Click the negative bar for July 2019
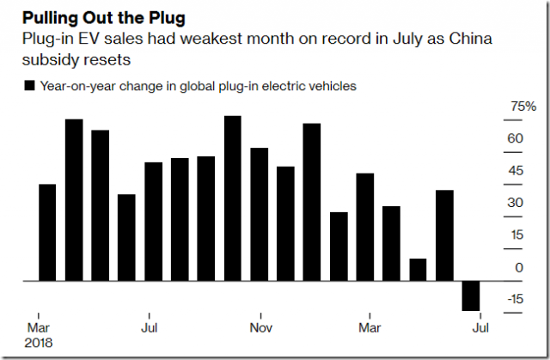pyautogui.click(x=470, y=296)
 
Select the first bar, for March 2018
pyautogui.click(x=48, y=233)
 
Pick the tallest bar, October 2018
pyautogui.click(x=232, y=198)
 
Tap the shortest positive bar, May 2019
pyautogui.click(x=418, y=270)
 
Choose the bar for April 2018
pyautogui.click(x=74, y=200)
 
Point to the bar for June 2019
pyautogui.click(x=444, y=235)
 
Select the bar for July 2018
pyautogui.click(x=153, y=222)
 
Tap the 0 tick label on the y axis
pyautogui.click(x=519, y=267)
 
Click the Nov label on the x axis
pyautogui.click(x=260, y=328)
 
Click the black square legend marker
pyautogui.click(x=31, y=85)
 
